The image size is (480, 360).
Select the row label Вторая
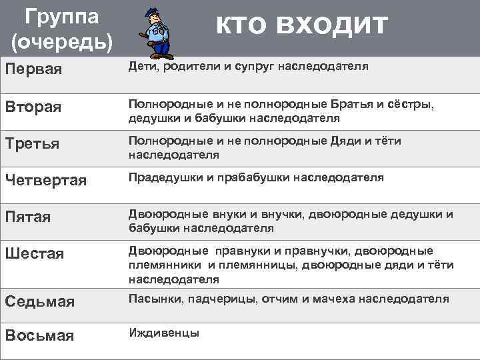pos(33,107)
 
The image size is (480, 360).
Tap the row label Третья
pos(32,144)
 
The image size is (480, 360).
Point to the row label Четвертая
pos(46,181)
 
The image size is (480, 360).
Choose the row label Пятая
pos(28,217)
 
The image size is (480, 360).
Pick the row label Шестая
pos(35,254)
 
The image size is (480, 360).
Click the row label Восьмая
pos(39,335)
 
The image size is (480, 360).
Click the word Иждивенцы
pos(163,333)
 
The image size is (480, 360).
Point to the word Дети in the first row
pos(141,67)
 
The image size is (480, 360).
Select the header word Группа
pos(61,15)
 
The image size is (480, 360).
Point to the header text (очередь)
pos(62,41)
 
